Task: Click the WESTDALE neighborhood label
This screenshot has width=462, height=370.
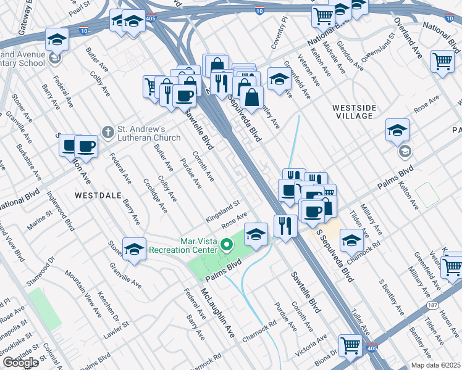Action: point(96,194)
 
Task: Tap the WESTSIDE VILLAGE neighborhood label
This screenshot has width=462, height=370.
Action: point(353,111)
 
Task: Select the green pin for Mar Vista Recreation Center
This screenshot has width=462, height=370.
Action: point(227,247)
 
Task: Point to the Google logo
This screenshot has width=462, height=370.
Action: point(20,363)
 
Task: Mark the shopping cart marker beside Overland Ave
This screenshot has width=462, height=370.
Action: point(442,62)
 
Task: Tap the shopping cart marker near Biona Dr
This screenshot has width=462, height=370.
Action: point(351,345)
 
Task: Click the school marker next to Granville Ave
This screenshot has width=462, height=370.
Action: point(133,249)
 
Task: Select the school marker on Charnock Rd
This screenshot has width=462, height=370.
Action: point(351,240)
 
